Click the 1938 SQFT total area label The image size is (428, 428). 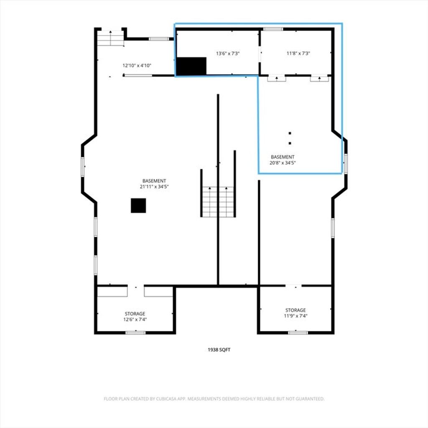point(219,350)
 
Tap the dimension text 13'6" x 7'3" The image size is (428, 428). point(228,53)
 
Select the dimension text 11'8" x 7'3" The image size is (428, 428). point(298,53)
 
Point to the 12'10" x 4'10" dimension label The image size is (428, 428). point(137,65)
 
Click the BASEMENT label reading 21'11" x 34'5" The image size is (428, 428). point(154,184)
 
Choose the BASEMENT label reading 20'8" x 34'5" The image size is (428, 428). point(283,160)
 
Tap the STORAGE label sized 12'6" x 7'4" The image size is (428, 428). point(135,316)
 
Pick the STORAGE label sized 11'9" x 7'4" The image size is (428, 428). point(296,313)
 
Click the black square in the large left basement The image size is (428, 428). point(138,205)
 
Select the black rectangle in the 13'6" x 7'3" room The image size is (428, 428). point(191,66)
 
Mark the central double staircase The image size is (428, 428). point(218,202)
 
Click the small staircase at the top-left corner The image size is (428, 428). point(110,38)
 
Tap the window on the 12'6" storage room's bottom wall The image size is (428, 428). point(136,333)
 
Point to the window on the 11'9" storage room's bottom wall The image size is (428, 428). point(298,333)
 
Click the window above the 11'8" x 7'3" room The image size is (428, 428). point(273,29)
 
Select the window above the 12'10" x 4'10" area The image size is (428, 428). point(158,39)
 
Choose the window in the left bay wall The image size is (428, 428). point(82,167)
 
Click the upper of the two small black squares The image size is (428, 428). point(290,133)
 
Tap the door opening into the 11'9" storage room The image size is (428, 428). point(293,286)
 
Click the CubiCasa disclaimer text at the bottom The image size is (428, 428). point(214,399)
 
